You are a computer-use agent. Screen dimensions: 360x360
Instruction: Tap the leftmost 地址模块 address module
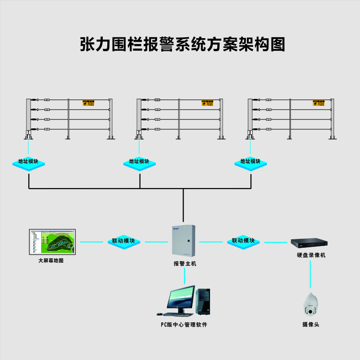pos(28,162)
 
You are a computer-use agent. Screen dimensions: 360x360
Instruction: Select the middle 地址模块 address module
pos(139,162)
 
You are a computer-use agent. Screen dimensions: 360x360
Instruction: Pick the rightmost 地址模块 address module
pos(250,162)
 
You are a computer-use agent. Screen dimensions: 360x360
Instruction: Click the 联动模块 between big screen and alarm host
pos(123,241)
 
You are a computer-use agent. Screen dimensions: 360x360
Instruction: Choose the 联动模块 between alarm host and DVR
pos(243,241)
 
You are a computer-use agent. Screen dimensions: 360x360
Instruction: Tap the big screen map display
pos(53,242)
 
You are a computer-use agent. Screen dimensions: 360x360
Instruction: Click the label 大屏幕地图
pos(51,260)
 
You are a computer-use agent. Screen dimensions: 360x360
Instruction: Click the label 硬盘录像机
pos(311,255)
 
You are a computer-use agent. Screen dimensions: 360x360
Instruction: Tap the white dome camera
pos(311,305)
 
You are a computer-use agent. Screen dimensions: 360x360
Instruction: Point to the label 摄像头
pos(311,324)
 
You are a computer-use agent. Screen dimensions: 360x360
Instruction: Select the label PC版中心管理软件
pos(184,325)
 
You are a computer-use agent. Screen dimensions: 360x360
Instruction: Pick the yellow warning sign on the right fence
pos(318,104)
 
